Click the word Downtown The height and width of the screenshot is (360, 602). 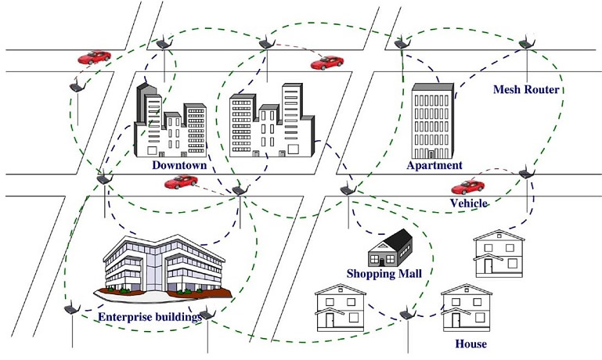179,165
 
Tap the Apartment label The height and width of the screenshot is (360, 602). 434,165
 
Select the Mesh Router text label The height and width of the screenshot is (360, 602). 526,90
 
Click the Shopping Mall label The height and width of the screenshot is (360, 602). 384,273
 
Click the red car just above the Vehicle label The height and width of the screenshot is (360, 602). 468,187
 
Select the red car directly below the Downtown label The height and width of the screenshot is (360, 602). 181,182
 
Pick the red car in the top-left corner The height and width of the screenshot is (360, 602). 94,57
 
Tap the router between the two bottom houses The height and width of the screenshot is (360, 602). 406,315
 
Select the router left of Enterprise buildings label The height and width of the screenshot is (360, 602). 71,309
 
